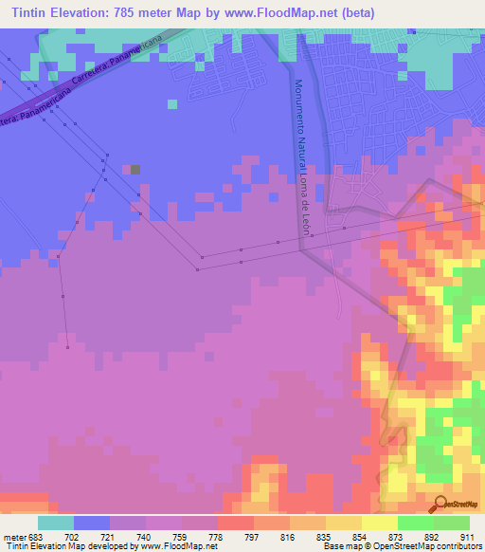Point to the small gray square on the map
(x=135, y=170)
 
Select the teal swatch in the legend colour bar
(x=56, y=523)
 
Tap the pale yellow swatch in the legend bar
(x=379, y=523)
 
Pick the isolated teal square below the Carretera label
(x=171, y=104)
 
